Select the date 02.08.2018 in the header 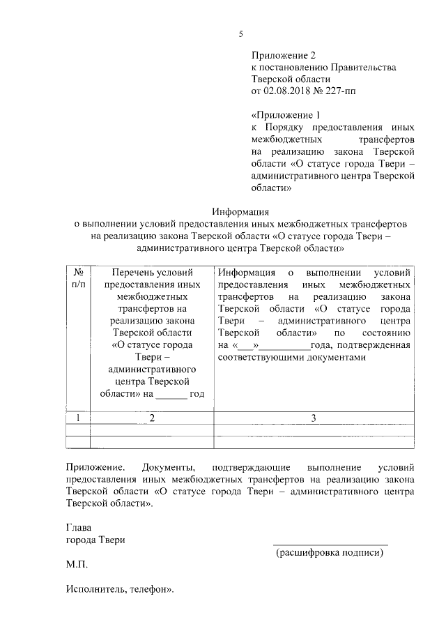[x=287, y=91]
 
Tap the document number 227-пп [x=344, y=91]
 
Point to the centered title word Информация [x=240, y=212]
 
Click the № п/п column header [x=79, y=278]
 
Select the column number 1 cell [x=79, y=418]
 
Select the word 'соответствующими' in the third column [x=261, y=357]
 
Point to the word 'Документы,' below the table [x=170, y=465]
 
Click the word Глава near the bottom [x=79, y=528]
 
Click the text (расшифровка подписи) [x=330, y=553]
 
